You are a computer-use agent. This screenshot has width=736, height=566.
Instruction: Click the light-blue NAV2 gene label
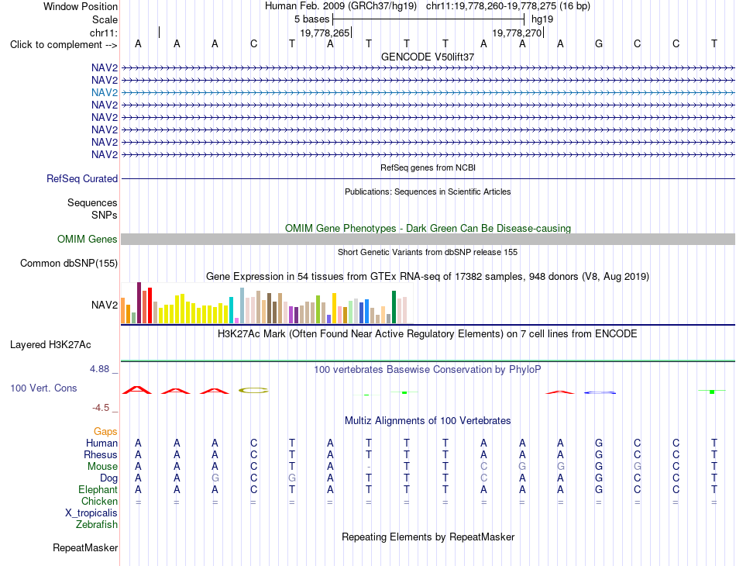pyautogui.click(x=105, y=92)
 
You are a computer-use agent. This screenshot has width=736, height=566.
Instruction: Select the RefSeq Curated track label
pyautogui.click(x=82, y=178)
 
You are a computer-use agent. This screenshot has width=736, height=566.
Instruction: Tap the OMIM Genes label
pyautogui.click(x=87, y=239)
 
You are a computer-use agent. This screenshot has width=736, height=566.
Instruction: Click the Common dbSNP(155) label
pyautogui.click(x=68, y=263)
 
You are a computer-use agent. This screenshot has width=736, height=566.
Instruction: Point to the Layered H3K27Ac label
pyautogui.click(x=50, y=345)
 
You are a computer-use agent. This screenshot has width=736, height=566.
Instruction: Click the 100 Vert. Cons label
pyautogui.click(x=43, y=388)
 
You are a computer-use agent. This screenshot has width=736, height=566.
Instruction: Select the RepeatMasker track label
pyautogui.click(x=85, y=547)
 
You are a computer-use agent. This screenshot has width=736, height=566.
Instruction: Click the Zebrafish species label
pyautogui.click(x=97, y=524)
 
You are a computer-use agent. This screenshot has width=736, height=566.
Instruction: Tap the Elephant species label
pyautogui.click(x=98, y=489)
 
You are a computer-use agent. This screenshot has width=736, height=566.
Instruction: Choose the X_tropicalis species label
pyautogui.click(x=91, y=513)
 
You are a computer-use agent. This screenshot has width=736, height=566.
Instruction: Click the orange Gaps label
pyautogui.click(x=105, y=431)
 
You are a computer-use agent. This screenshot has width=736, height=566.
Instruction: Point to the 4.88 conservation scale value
pyautogui.click(x=99, y=369)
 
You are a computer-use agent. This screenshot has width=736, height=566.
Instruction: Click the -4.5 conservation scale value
pyautogui.click(x=101, y=408)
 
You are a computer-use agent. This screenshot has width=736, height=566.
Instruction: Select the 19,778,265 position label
pyautogui.click(x=325, y=33)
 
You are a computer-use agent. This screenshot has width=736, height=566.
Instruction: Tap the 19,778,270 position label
pyautogui.click(x=517, y=33)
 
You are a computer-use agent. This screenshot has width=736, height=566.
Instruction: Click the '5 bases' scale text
pyautogui.click(x=311, y=19)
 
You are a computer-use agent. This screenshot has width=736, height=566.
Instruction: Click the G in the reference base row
pyautogui.click(x=598, y=43)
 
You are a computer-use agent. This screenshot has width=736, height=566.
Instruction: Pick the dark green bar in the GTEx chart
pyautogui.click(x=394, y=307)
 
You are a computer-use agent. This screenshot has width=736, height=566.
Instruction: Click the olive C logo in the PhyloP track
pyautogui.click(x=253, y=390)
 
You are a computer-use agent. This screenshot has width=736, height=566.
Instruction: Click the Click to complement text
pyautogui.click(x=64, y=45)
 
